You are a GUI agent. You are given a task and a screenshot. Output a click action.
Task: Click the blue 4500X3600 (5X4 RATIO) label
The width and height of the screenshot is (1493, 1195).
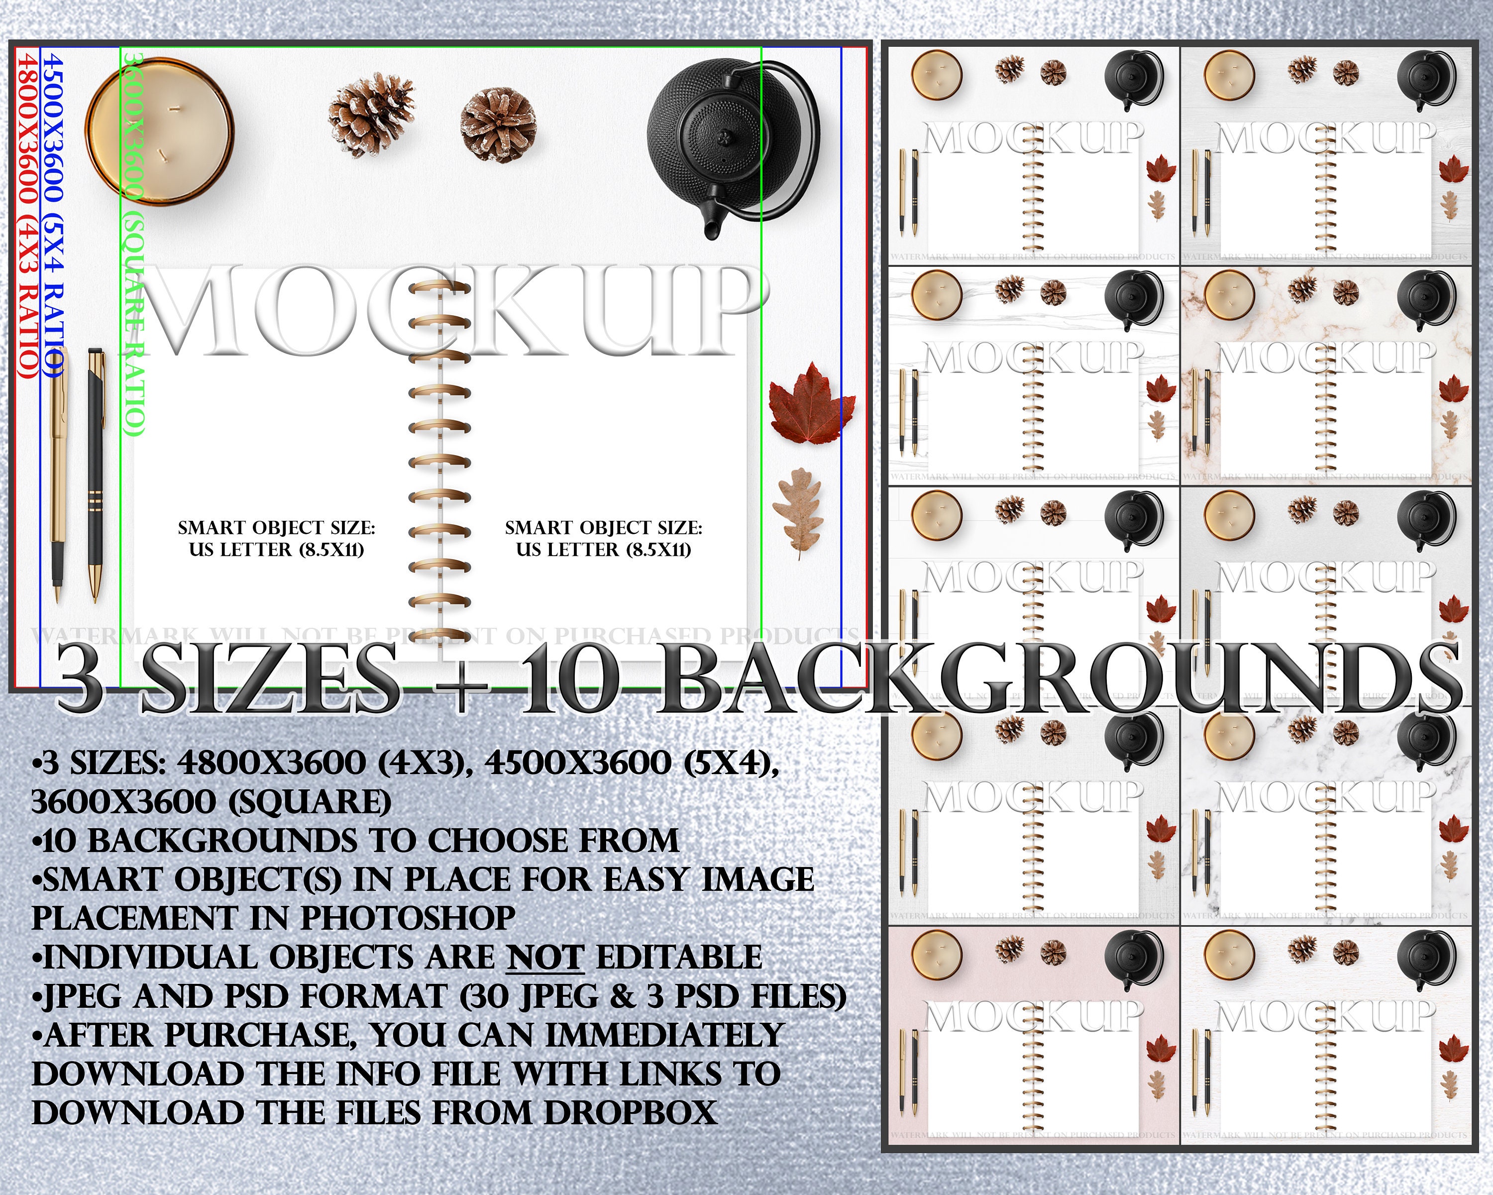point(53,215)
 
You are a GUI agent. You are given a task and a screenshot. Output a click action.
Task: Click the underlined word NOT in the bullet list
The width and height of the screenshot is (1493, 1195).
point(545,957)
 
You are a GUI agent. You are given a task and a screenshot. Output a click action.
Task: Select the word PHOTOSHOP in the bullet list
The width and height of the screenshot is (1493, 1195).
point(408,918)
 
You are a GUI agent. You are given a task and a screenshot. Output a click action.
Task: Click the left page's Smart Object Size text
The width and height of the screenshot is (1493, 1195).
point(276,539)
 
